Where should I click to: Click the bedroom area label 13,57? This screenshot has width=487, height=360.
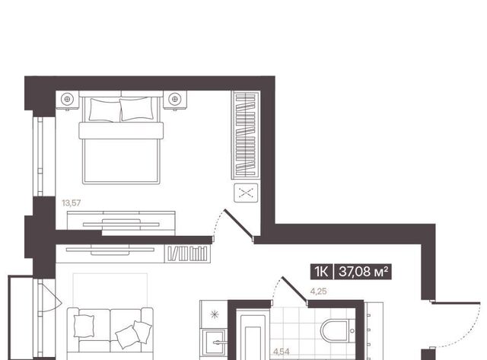(x=71, y=203)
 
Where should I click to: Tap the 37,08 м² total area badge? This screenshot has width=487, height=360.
(x=363, y=272)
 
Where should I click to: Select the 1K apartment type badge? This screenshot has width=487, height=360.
(x=321, y=272)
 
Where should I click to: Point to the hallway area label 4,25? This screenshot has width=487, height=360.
(x=318, y=292)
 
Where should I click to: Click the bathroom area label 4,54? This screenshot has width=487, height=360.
(x=282, y=352)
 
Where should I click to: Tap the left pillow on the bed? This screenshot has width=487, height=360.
(x=105, y=110)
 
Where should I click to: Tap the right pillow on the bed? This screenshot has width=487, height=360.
(x=137, y=109)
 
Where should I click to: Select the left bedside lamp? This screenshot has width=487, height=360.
(x=67, y=100)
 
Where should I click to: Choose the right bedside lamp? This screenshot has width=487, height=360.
(x=174, y=100)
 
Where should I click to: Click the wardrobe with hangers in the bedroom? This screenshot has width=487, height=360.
(x=245, y=135)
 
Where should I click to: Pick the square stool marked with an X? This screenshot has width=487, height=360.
(x=246, y=193)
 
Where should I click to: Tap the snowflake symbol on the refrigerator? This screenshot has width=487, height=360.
(x=215, y=314)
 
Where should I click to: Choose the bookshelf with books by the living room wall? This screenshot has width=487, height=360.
(x=188, y=253)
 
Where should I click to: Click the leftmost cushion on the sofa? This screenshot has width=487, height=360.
(x=84, y=326)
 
